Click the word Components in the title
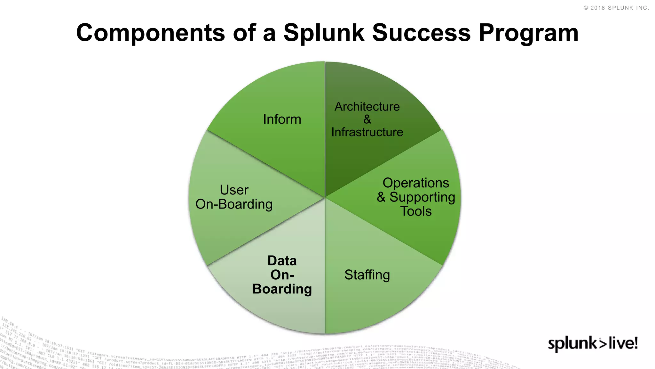point(150,33)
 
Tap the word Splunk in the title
point(324,33)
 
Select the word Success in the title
point(421,33)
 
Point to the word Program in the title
point(528,33)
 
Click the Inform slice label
point(282,119)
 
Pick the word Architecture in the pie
point(367,107)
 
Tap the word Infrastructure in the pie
point(367,132)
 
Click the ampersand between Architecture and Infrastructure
point(367,119)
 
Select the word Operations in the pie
point(416,183)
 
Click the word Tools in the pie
point(416,211)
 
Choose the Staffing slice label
point(367,275)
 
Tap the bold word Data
point(282,261)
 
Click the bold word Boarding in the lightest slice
point(282,289)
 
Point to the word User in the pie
point(234,190)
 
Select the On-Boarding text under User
point(234,204)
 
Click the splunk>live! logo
point(593,344)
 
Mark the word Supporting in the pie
point(422,197)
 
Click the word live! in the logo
point(623,343)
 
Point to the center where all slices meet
point(325,197)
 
